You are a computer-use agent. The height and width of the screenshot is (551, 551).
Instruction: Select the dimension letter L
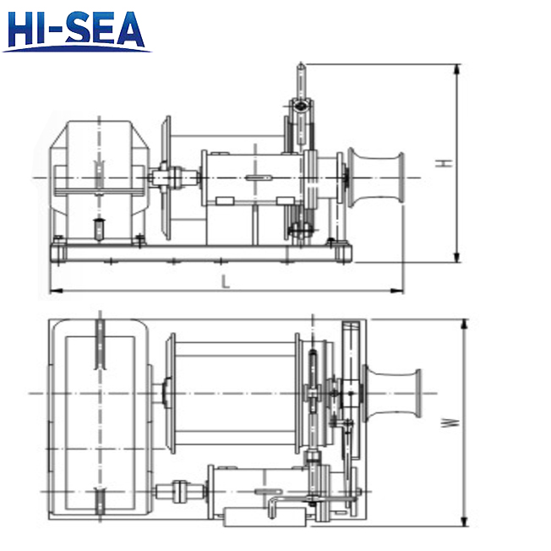pyautogui.click(x=226, y=282)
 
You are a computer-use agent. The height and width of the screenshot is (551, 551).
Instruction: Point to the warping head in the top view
pyautogui.click(x=390, y=394)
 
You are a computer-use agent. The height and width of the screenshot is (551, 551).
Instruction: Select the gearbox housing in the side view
pyautogui.click(x=100, y=179)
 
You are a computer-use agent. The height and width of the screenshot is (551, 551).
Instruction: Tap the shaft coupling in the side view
pyautogui.click(x=174, y=178)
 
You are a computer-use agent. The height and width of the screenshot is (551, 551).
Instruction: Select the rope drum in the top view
pyautogui.click(x=232, y=393)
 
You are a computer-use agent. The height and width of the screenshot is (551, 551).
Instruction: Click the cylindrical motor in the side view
pyautogui.click(x=252, y=177)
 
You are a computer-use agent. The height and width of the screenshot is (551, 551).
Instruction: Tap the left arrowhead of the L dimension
pyautogui.click(x=53, y=291)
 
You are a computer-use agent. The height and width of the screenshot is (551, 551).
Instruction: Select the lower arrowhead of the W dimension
pyautogui.click(x=464, y=523)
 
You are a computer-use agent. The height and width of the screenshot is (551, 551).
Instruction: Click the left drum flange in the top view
pyautogui.click(x=172, y=393)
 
